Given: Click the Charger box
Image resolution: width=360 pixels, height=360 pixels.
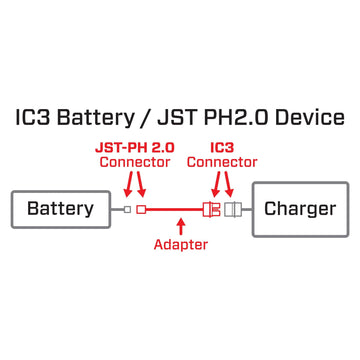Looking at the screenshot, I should tap(300, 209).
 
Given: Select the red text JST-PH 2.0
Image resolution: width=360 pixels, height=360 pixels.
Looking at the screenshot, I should tap(135, 146).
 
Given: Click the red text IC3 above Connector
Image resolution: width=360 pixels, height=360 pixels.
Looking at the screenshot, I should tap(222, 146).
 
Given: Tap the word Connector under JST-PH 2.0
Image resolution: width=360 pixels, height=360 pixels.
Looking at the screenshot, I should tap(135, 162).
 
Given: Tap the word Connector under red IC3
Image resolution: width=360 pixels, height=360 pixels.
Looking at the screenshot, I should tap(222, 162).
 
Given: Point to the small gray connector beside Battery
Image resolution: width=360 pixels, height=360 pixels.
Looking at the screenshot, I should tap(127, 209).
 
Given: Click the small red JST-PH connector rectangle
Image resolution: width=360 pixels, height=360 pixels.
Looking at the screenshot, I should tap(141, 209).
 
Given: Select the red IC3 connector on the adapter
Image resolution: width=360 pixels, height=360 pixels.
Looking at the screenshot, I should tap(212, 209).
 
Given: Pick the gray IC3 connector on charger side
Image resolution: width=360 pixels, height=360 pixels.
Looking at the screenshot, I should tap(235, 209).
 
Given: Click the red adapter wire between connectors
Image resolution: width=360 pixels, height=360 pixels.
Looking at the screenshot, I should tap(175, 209).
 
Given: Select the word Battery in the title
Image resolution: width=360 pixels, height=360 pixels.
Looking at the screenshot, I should tap(94, 118).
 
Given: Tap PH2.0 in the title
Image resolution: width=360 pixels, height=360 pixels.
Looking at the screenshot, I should tap(235, 118).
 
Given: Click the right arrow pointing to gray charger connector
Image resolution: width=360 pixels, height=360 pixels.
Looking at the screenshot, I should tap(232, 184).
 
